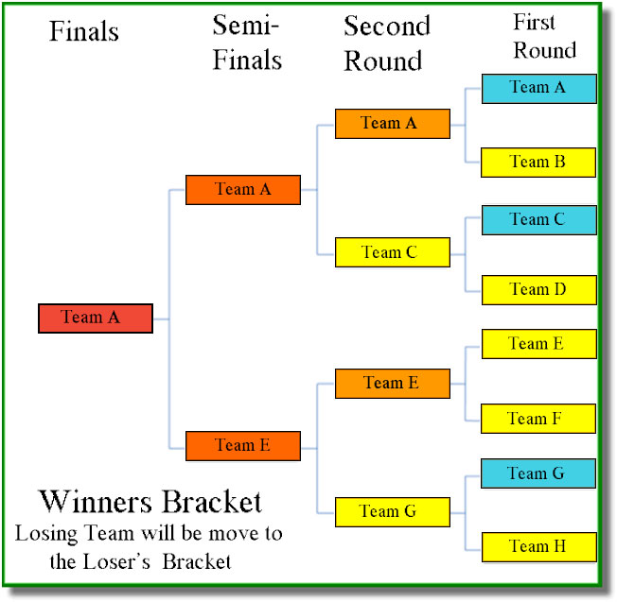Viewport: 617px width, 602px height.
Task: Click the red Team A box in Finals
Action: (95, 318)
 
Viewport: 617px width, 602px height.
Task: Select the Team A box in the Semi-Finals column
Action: (243, 189)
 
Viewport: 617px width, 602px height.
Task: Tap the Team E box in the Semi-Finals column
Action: (243, 445)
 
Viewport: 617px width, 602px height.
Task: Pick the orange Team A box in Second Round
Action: (392, 123)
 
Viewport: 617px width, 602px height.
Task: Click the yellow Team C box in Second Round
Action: (392, 252)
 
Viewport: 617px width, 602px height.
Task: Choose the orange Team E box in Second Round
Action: (392, 383)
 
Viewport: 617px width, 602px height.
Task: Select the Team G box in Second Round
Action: (392, 512)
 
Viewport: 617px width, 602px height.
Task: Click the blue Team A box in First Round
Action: (538, 88)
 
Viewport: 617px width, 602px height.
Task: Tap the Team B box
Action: (538, 162)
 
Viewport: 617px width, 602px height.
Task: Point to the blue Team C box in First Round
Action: (538, 219)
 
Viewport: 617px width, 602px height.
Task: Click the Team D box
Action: (538, 289)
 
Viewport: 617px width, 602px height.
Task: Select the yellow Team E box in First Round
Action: (538, 344)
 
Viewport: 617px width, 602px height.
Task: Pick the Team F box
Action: (538, 419)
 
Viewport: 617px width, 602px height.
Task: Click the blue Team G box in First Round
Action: (538, 473)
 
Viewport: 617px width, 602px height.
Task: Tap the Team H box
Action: (538, 546)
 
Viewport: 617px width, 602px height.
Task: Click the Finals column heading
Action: (84, 31)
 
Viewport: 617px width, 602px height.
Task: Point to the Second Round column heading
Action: (386, 43)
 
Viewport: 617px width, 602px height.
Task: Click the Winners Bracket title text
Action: (150, 501)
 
